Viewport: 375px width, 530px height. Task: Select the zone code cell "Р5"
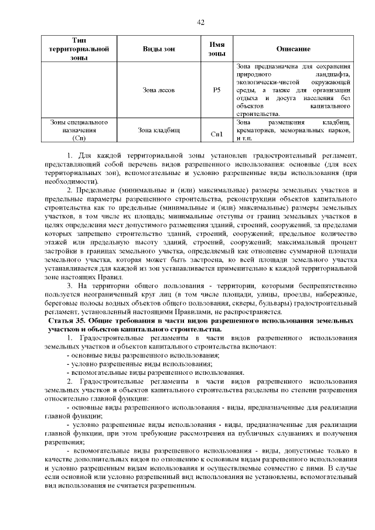[x=217, y=90]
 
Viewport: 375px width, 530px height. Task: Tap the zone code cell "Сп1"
[x=217, y=134]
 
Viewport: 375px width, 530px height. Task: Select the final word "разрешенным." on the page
[x=172, y=487]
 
